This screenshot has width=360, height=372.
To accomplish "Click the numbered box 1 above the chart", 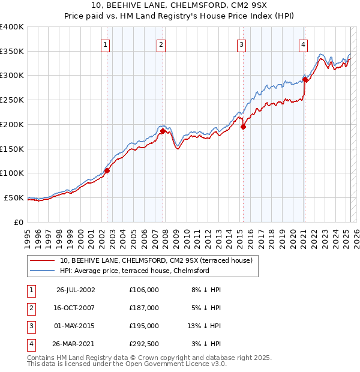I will pyautogui.click(x=106, y=44).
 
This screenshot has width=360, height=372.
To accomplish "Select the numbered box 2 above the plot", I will pyautogui.click(x=161, y=44).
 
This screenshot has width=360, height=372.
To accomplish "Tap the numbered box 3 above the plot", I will pyautogui.click(x=241, y=44).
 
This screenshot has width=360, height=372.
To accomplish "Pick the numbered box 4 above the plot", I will pyautogui.click(x=304, y=44).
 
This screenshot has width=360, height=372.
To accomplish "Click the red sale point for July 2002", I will pyautogui.click(x=107, y=170).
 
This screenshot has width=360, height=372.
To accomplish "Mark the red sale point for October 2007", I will pyautogui.click(x=163, y=130).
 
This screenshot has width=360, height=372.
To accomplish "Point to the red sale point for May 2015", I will pyautogui.click(x=243, y=127).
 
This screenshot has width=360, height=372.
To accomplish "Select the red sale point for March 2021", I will pyautogui.click(x=305, y=79).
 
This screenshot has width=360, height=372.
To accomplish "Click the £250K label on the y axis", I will pyautogui.click(x=12, y=100).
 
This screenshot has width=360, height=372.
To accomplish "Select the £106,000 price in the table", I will pyautogui.click(x=143, y=290).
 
